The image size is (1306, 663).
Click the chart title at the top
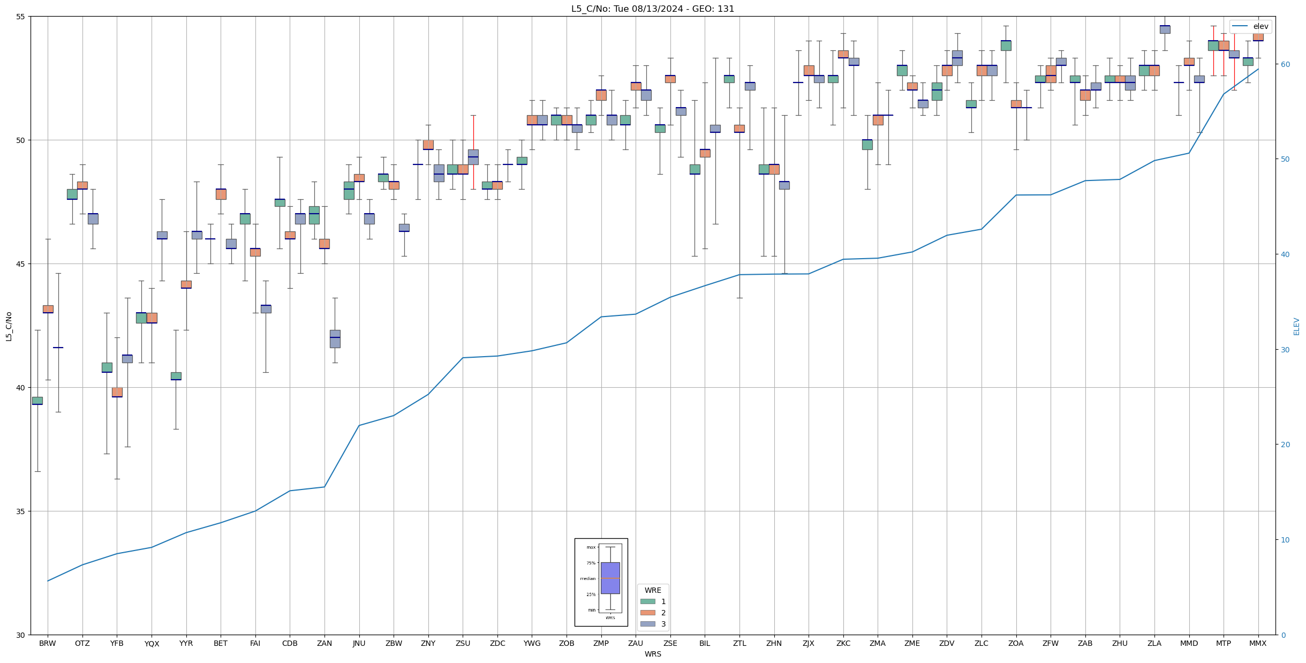(x=653, y=9)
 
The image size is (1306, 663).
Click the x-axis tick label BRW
(x=48, y=643)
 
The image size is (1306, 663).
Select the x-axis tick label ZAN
(x=324, y=643)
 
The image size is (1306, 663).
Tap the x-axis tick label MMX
(x=1258, y=643)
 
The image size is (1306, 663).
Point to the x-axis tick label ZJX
(x=809, y=643)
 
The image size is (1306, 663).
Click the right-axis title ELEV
(x=1296, y=326)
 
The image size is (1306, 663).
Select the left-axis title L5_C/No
(x=9, y=326)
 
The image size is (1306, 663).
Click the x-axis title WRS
(x=653, y=654)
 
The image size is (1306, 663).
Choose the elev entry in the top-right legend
(x=1260, y=26)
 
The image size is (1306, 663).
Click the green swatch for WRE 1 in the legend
(x=648, y=601)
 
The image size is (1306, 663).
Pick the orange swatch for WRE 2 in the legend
(x=648, y=613)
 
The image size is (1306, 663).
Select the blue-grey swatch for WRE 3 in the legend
(x=648, y=624)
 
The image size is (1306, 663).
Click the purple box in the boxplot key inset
(x=610, y=578)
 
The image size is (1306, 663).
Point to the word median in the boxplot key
(x=587, y=578)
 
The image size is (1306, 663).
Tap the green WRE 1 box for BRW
(x=37, y=401)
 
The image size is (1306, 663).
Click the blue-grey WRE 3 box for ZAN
(x=335, y=339)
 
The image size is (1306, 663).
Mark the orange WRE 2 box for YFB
(x=117, y=392)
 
